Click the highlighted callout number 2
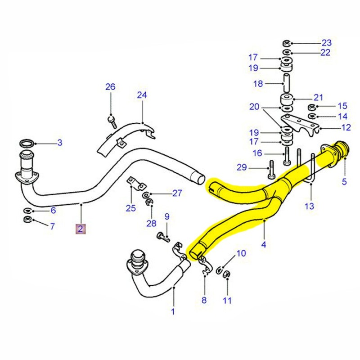80,229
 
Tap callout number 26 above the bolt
110,87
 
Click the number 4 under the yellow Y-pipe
264,245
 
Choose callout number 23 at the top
326,43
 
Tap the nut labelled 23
286,43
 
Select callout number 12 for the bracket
346,128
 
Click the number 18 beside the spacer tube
258,84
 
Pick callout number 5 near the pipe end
344,182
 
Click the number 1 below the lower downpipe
173,311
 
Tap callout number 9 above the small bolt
166,217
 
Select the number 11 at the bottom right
227,300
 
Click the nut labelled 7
27,220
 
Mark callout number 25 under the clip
130,208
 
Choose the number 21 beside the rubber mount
319,97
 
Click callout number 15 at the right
342,106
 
